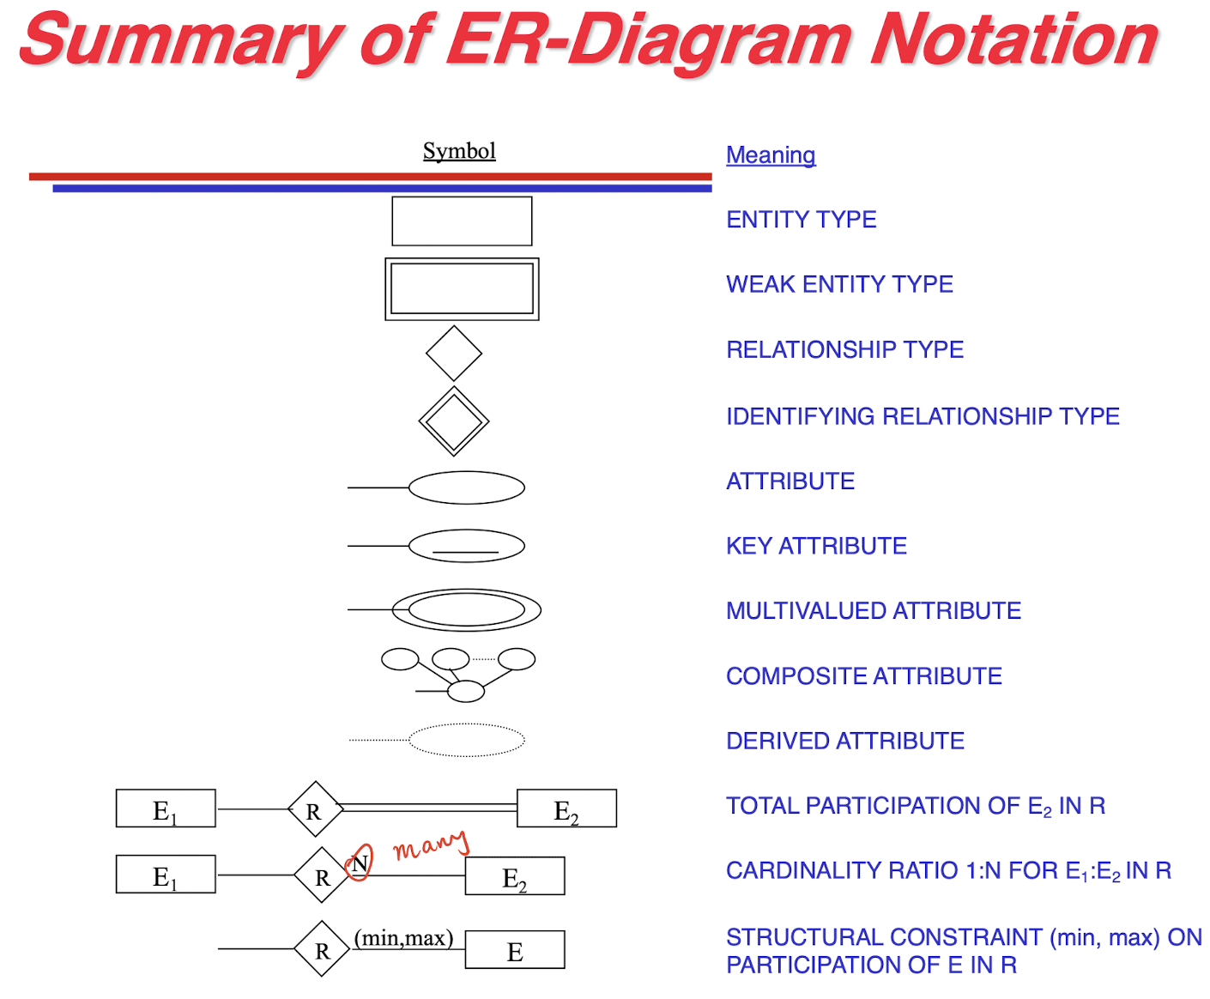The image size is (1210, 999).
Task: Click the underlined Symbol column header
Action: point(459,151)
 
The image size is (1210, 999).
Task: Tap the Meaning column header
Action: point(770,155)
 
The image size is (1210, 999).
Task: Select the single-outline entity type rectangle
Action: point(462,221)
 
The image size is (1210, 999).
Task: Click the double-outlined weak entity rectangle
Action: point(462,289)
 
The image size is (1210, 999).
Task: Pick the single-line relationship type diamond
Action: point(454,353)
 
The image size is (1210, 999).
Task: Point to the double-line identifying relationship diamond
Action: point(454,421)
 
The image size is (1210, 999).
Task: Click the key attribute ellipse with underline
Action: point(466,546)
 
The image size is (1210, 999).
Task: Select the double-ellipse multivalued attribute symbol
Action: point(466,610)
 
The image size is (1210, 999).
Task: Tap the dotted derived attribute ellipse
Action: point(466,740)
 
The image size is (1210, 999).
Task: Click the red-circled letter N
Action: point(360,863)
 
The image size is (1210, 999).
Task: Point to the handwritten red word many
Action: point(431,845)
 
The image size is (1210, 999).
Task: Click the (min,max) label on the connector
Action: point(403,938)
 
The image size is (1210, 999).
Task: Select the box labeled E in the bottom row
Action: point(515,950)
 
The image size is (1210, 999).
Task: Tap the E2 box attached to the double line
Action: point(566,808)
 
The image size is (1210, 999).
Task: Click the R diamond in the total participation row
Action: point(315,809)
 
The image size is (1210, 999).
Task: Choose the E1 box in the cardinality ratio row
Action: point(166,875)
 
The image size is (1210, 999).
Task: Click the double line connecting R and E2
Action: point(429,808)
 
